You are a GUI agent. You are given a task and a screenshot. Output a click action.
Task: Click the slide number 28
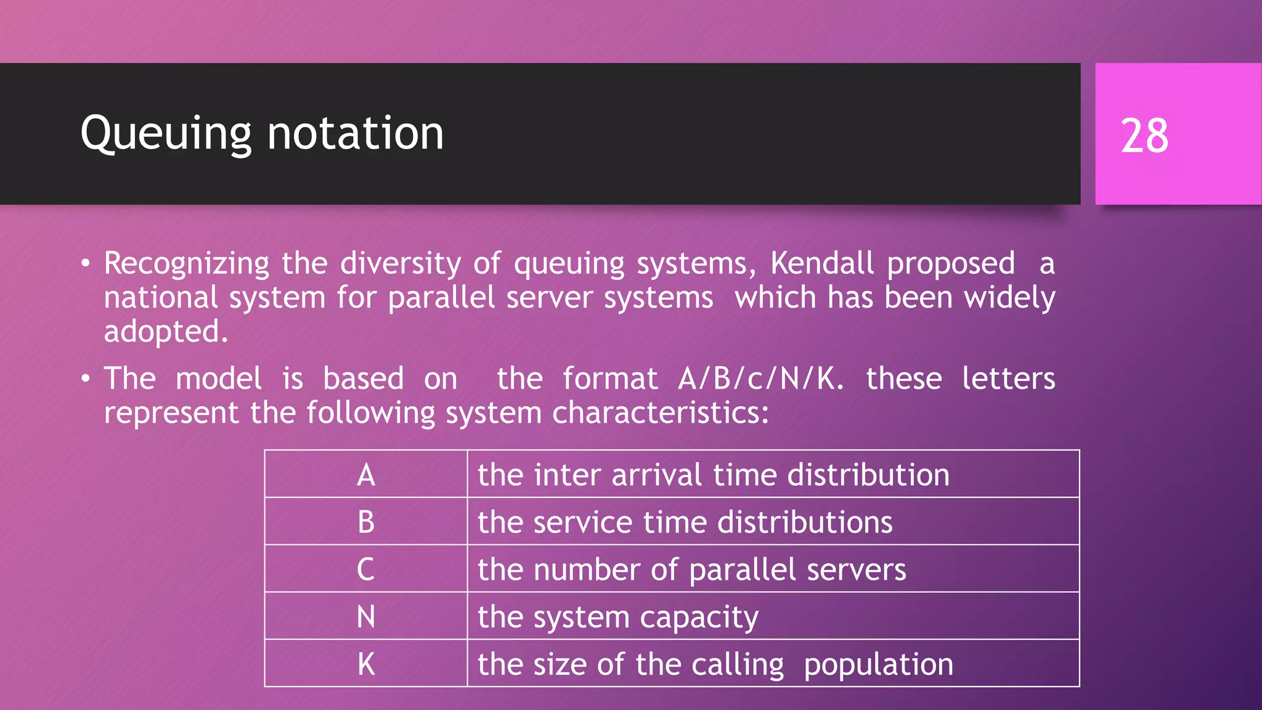pyautogui.click(x=1144, y=136)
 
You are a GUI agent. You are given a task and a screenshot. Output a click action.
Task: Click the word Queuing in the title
pyautogui.click(x=166, y=134)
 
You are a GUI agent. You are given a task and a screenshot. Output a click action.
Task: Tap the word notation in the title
pyautogui.click(x=356, y=134)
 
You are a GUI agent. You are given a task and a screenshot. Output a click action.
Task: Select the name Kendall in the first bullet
pyautogui.click(x=822, y=264)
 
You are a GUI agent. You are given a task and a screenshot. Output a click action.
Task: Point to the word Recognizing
pyautogui.click(x=187, y=264)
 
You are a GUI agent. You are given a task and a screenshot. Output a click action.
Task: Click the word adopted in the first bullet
pyautogui.click(x=165, y=332)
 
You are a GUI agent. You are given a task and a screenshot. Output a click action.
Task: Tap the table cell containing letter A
pyautogui.click(x=366, y=475)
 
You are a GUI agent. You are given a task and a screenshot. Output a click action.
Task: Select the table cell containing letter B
pyautogui.click(x=366, y=522)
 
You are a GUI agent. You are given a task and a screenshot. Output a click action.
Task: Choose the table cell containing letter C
pyautogui.click(x=366, y=569)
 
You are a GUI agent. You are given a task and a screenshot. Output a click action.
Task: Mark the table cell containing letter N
pyautogui.click(x=366, y=616)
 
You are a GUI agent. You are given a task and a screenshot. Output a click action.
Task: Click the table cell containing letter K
pyautogui.click(x=366, y=664)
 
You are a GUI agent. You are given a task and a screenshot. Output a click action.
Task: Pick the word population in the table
pyautogui.click(x=879, y=664)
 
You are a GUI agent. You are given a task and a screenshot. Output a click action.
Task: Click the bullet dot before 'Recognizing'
pyautogui.click(x=86, y=264)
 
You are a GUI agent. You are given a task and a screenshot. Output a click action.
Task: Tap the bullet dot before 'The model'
pyautogui.click(x=86, y=379)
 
